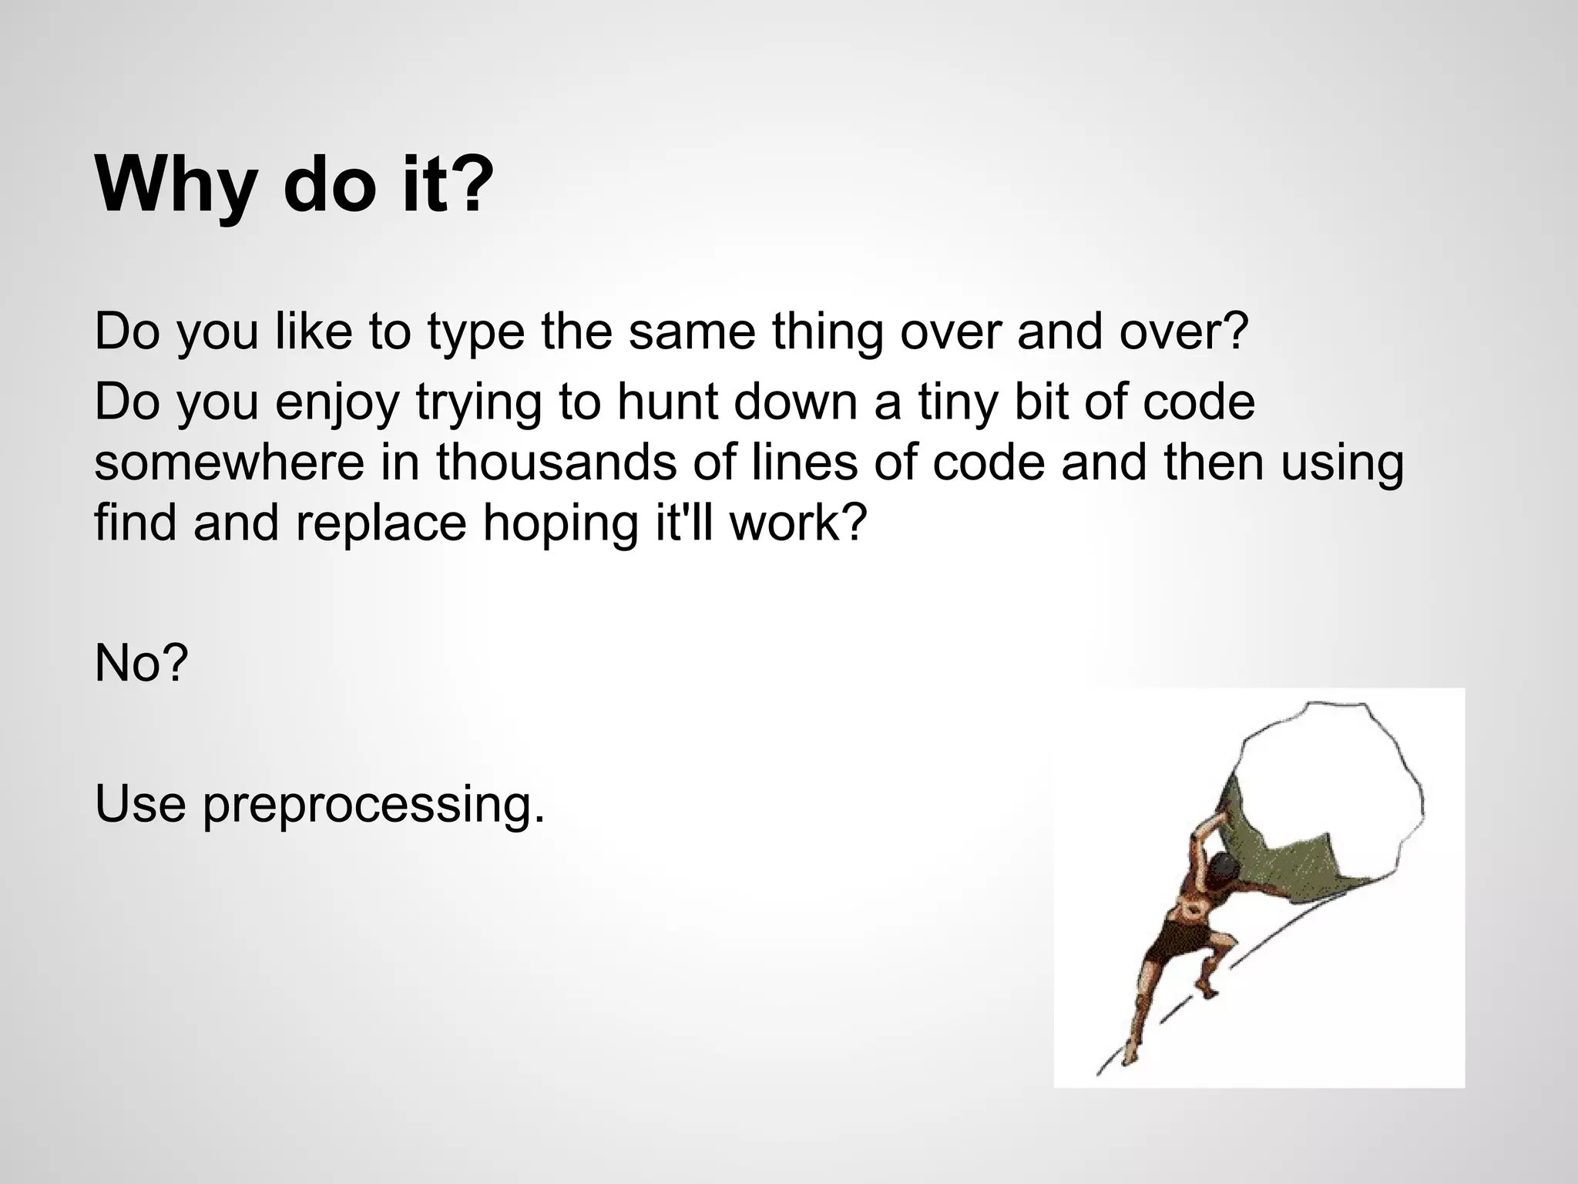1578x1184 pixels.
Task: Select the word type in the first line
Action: coord(475,332)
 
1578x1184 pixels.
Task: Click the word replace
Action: coord(381,524)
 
